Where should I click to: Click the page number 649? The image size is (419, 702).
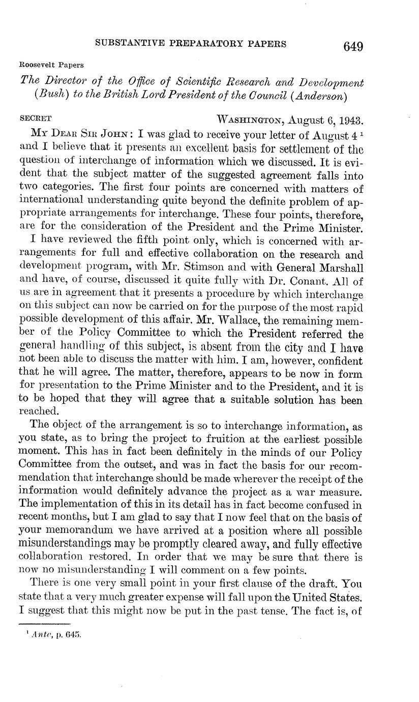coord(353,46)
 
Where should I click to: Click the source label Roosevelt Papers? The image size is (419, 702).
coord(51,65)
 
